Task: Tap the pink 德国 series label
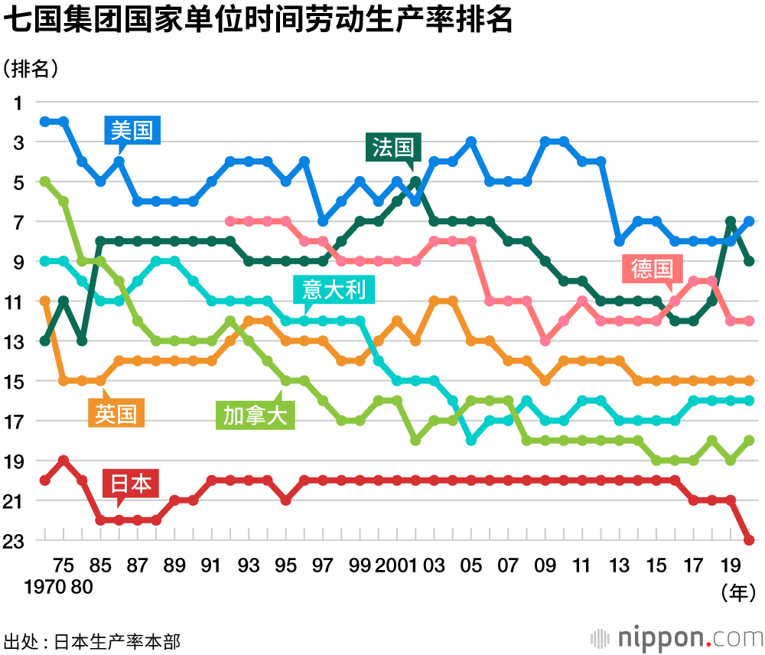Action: (652, 269)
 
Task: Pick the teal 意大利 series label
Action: (334, 290)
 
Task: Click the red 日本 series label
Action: (131, 484)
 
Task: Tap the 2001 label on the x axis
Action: (396, 566)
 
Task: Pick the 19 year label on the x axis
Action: (731, 566)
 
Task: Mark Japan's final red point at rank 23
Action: (749, 540)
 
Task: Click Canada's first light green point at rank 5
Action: (45, 181)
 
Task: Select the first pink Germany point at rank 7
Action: (230, 221)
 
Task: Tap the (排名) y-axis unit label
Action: (31, 68)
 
